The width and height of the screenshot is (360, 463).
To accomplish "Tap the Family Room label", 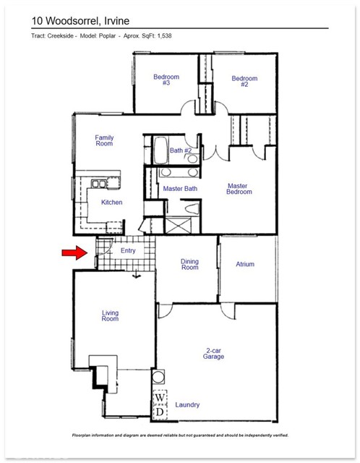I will click(105, 141).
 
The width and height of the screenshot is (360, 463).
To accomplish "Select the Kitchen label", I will click(111, 203).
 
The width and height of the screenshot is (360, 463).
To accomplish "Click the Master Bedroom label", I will click(239, 189).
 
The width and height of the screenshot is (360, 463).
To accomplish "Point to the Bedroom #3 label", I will click(166, 80).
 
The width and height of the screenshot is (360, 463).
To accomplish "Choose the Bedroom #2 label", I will click(244, 82).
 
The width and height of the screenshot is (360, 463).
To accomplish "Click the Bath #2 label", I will click(181, 150).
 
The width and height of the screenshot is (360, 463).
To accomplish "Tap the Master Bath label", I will click(180, 189).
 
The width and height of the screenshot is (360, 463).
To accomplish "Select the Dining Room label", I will click(189, 265).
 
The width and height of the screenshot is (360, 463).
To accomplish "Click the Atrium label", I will click(245, 265).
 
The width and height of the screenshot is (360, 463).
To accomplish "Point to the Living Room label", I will click(110, 315).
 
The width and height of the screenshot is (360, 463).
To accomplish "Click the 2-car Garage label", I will click(213, 353).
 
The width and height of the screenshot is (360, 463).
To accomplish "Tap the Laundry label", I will click(187, 405).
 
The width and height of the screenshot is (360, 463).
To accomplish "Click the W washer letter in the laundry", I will click(159, 399).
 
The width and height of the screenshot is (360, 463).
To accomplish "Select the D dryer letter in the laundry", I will click(159, 412).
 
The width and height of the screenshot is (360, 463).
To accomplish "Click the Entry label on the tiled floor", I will click(128, 251).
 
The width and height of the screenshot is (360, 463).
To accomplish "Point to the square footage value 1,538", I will click(162, 35).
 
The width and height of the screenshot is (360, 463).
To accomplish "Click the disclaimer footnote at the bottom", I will click(180, 436).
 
